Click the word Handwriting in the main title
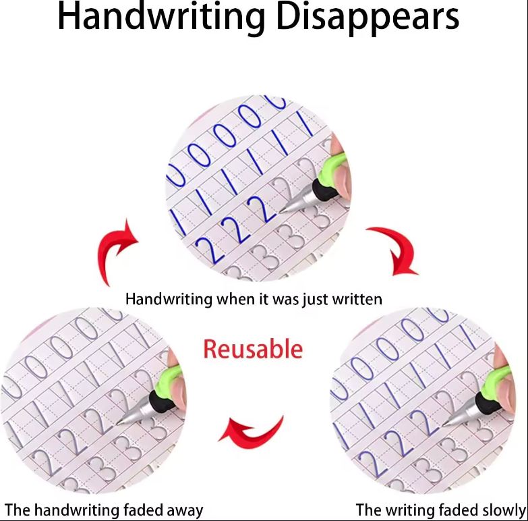pyautogui.click(x=161, y=17)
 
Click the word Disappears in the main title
pyautogui.click(x=368, y=18)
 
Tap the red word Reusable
pyautogui.click(x=253, y=349)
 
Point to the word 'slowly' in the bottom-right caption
pyautogui.click(x=504, y=511)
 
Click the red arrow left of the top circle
pyautogui.click(x=116, y=251)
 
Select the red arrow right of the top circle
pyautogui.click(x=394, y=250)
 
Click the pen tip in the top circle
pyautogui.click(x=281, y=212)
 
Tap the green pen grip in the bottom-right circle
pyautogui.click(x=496, y=381)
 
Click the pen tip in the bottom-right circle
pyautogui.click(x=444, y=424)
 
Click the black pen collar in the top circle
pyautogui.click(x=325, y=189)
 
